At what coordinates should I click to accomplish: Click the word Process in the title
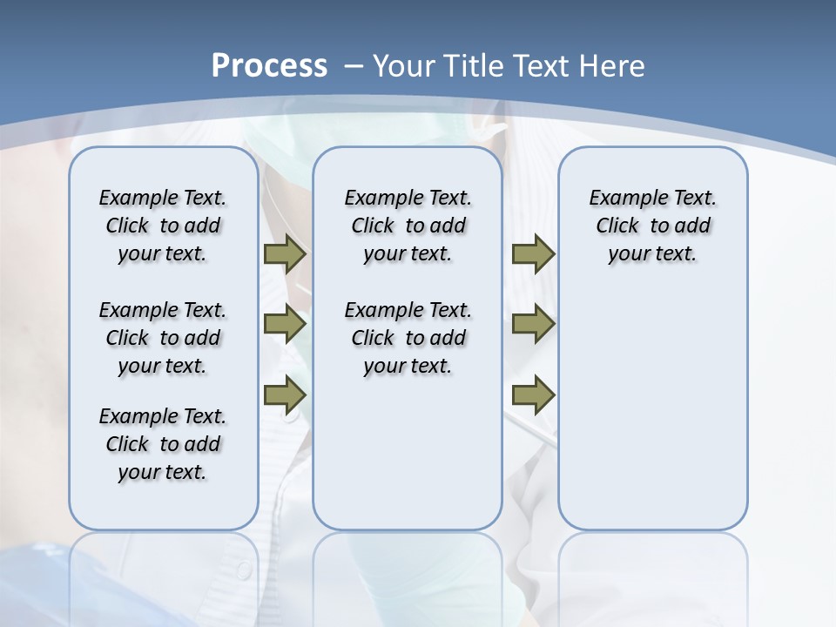point(269,65)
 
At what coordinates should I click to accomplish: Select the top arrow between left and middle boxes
point(285,254)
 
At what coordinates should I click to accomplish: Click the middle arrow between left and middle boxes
point(285,325)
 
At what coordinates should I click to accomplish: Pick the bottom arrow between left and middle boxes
point(285,395)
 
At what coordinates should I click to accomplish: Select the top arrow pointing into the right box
point(533,254)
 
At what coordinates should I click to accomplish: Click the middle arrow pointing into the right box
point(533,325)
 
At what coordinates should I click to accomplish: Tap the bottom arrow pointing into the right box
point(533,395)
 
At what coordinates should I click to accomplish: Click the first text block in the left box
point(163,226)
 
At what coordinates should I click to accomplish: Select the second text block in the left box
point(163,338)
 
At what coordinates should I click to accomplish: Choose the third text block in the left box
point(163,444)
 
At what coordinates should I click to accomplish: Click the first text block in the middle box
point(408,226)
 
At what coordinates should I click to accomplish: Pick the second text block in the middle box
point(408,338)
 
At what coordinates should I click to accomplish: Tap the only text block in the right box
point(653,226)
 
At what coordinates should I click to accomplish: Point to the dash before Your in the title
point(354,66)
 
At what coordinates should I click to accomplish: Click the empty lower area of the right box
point(653,418)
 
